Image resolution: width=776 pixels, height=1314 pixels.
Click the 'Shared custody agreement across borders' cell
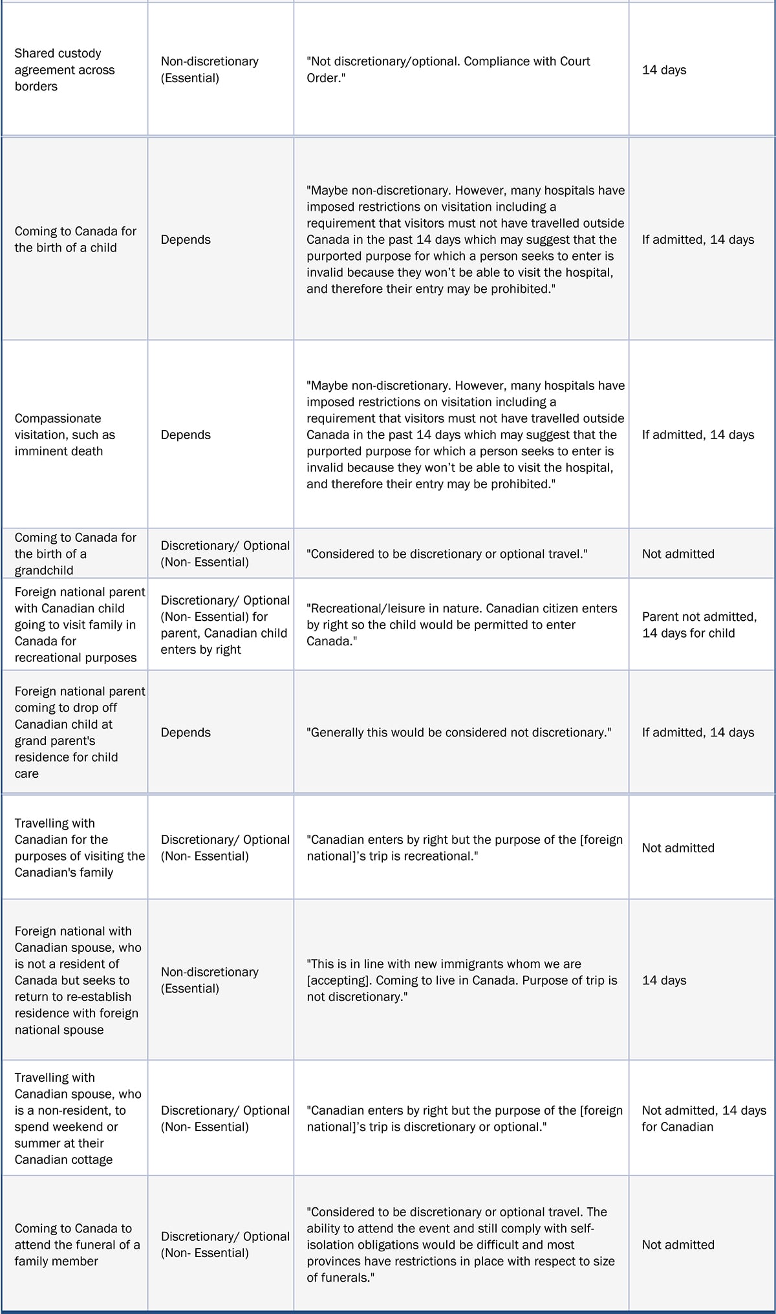[65, 70]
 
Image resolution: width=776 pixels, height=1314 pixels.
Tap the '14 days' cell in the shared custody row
[664, 70]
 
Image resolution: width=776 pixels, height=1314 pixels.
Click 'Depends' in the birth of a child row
[186, 239]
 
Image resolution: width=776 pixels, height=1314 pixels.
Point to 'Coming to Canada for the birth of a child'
[76, 239]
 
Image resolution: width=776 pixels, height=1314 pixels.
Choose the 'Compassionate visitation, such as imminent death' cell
[65, 435]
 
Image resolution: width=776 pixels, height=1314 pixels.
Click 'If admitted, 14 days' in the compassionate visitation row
[698, 435]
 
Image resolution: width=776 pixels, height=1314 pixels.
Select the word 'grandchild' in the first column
[44, 570]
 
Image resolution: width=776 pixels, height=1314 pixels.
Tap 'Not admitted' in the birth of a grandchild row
[678, 554]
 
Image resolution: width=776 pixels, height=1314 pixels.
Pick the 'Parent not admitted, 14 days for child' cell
[698, 625]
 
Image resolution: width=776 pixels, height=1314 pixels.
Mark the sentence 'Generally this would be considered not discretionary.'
[459, 732]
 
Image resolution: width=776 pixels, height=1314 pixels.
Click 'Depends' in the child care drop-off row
[186, 732]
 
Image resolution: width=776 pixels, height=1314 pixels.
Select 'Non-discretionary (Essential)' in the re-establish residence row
[209, 980]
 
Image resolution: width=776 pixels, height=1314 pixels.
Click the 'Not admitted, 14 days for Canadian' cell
[704, 1118]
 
